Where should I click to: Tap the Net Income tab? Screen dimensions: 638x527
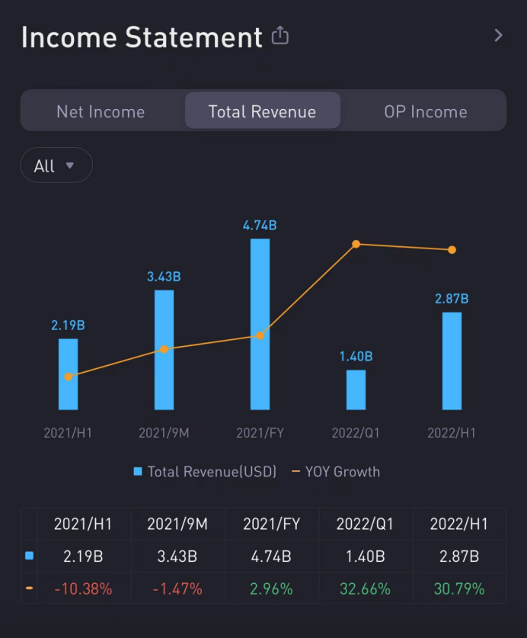pyautogui.click(x=101, y=111)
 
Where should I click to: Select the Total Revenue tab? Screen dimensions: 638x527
pyautogui.click(x=262, y=111)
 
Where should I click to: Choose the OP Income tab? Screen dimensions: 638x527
pyautogui.click(x=425, y=111)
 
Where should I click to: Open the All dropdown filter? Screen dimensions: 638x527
pyautogui.click(x=56, y=165)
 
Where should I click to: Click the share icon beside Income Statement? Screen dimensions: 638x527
pyautogui.click(x=280, y=36)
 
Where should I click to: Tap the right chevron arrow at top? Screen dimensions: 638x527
pyautogui.click(x=498, y=35)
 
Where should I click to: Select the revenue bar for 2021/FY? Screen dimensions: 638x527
pyautogui.click(x=260, y=324)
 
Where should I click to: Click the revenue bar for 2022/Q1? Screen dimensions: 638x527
pyautogui.click(x=356, y=390)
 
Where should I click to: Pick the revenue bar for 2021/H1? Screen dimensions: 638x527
pyautogui.click(x=69, y=374)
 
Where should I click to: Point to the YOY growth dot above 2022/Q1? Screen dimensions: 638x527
pyautogui.click(x=356, y=244)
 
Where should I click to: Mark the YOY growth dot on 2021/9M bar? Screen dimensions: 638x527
pyautogui.click(x=164, y=349)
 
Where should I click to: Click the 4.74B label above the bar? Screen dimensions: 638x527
pyautogui.click(x=260, y=225)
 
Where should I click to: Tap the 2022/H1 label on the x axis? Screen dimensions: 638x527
pyautogui.click(x=452, y=433)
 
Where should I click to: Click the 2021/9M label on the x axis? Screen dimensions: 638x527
pyautogui.click(x=164, y=433)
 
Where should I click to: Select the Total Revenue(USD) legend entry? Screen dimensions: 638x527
pyautogui.click(x=205, y=471)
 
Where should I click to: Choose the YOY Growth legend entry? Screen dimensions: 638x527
pyautogui.click(x=336, y=471)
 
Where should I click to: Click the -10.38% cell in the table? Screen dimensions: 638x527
pyautogui.click(x=83, y=588)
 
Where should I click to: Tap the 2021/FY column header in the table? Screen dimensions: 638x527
pyautogui.click(x=270, y=524)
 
